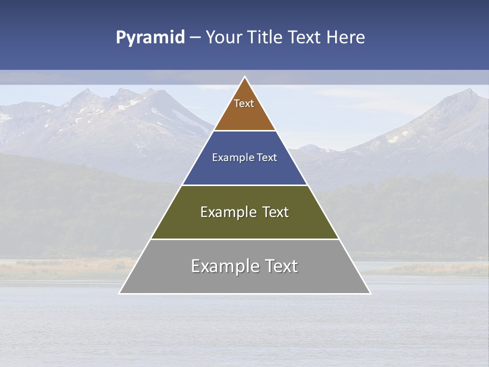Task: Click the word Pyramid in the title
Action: [x=150, y=38]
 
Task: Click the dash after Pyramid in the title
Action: [x=195, y=38]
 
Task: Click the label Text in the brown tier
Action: [x=244, y=103]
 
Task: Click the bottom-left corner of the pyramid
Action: [x=120, y=293]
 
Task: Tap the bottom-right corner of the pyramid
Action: [x=370, y=293]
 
